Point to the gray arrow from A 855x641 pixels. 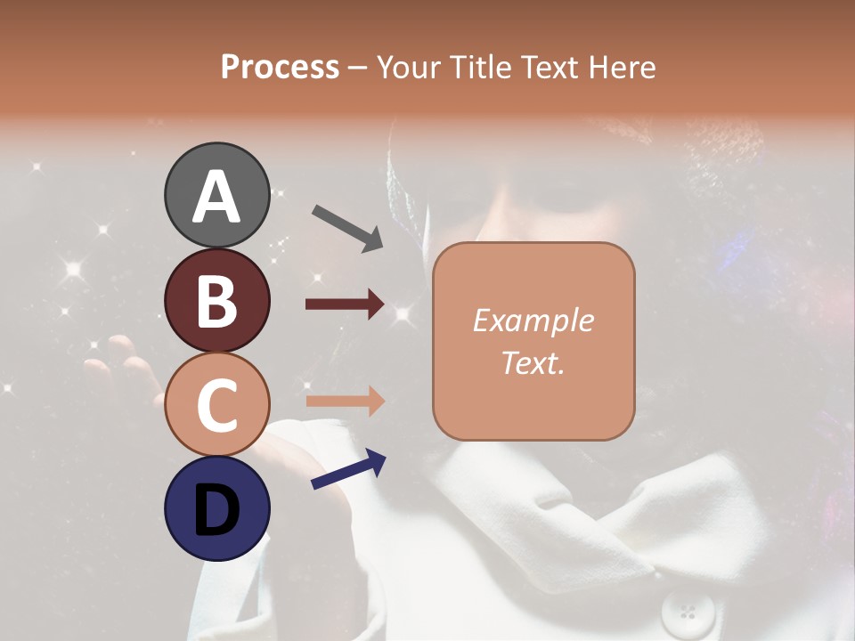tap(347, 227)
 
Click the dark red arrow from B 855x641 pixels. tap(346, 304)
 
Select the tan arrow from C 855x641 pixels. tap(346, 402)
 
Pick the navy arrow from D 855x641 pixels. tap(348, 469)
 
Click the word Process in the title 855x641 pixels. tap(280, 68)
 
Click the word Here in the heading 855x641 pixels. tap(623, 68)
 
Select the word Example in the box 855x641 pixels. tap(533, 320)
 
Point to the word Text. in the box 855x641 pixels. tap(533, 362)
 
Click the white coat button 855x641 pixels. tap(687, 613)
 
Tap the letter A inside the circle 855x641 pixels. tap(216, 196)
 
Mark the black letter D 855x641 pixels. tap(216, 510)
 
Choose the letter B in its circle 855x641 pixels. tap(216, 301)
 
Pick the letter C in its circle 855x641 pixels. tap(216, 405)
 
